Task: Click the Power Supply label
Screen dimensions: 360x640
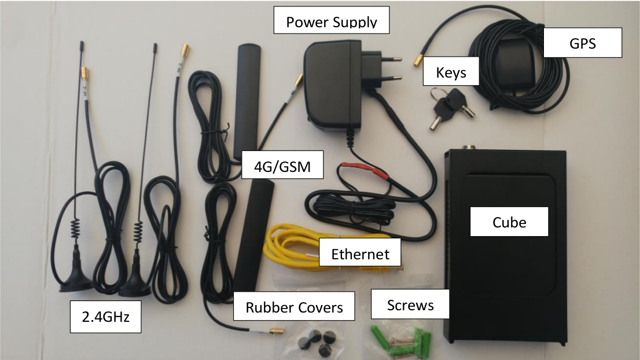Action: point(332,23)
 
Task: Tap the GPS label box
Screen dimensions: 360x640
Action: point(582,43)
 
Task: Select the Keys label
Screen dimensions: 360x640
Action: point(451,73)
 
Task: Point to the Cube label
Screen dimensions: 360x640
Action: point(509,222)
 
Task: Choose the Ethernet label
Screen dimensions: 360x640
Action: point(360,254)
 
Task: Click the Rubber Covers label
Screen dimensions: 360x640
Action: point(294,307)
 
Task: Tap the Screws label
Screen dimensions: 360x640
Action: point(410,304)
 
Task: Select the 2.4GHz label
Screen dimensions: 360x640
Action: point(105,317)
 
